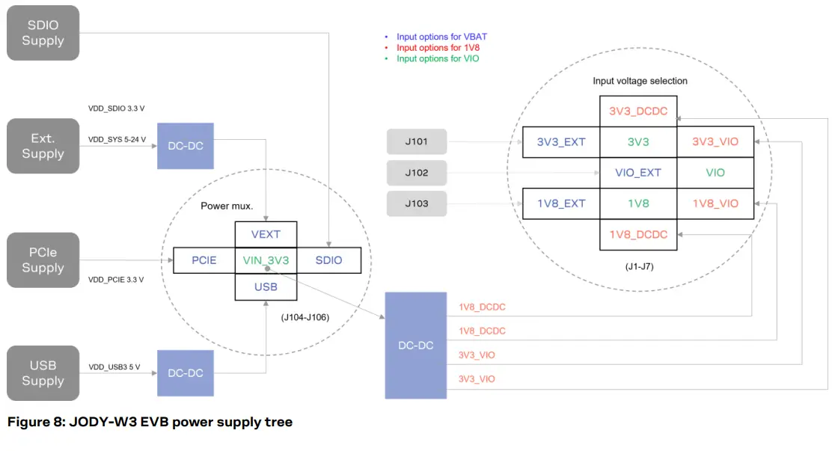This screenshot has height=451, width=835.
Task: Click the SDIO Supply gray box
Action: tap(43, 33)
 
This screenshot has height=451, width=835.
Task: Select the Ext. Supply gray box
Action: tap(43, 146)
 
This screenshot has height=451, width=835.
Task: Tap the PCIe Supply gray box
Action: tap(43, 260)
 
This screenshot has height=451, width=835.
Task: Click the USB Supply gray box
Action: tap(43, 372)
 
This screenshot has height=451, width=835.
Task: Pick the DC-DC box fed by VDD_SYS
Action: tap(186, 146)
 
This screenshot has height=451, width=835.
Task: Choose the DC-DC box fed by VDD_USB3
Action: tap(186, 372)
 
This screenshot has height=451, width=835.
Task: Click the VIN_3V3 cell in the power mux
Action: tap(266, 260)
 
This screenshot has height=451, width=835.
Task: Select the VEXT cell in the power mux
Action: tap(266, 234)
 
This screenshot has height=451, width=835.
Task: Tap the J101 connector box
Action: tap(417, 142)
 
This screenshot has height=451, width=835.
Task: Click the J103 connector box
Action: tap(417, 203)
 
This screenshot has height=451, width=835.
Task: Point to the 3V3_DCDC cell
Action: tap(638, 111)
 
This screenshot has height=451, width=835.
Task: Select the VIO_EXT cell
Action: tap(638, 173)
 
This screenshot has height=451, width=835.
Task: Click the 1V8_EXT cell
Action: tap(560, 203)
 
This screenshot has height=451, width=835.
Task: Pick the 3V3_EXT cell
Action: tap(560, 142)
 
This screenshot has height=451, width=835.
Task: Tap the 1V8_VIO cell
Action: tap(715, 203)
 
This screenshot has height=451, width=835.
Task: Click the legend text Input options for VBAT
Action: tap(441, 37)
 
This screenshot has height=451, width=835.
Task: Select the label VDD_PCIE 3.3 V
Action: tap(116, 279)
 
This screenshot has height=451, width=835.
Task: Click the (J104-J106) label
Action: tap(305, 317)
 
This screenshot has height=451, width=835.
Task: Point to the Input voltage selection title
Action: tap(640, 81)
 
